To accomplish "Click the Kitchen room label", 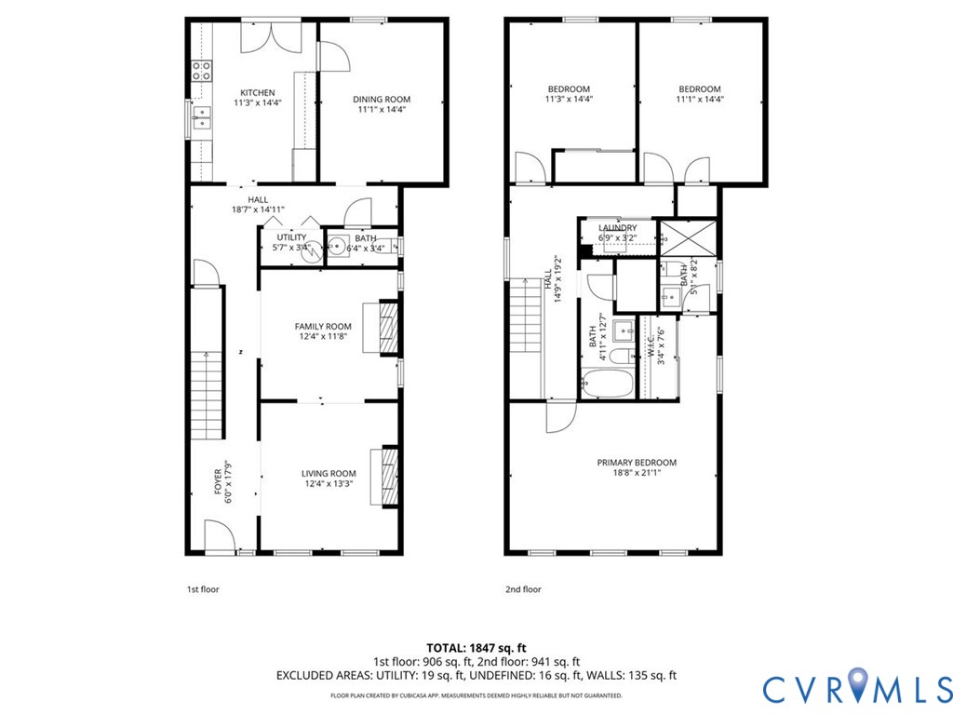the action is [x=258, y=92].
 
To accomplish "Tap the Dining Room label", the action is [x=382, y=99].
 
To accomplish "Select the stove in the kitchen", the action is [x=202, y=71].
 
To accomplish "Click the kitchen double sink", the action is [x=202, y=118].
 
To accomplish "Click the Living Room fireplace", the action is [x=384, y=477].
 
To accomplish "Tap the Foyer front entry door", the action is [x=220, y=536].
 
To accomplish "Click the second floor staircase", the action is [x=525, y=315].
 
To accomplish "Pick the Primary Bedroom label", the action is [x=637, y=462].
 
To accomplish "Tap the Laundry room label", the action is [x=618, y=228].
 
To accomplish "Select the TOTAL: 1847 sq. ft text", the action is [x=476, y=648].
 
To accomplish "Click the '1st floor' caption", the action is [x=202, y=589].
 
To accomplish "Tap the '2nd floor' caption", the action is [x=523, y=589].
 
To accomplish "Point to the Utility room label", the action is [x=291, y=237].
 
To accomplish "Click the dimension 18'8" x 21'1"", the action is [x=637, y=472].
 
